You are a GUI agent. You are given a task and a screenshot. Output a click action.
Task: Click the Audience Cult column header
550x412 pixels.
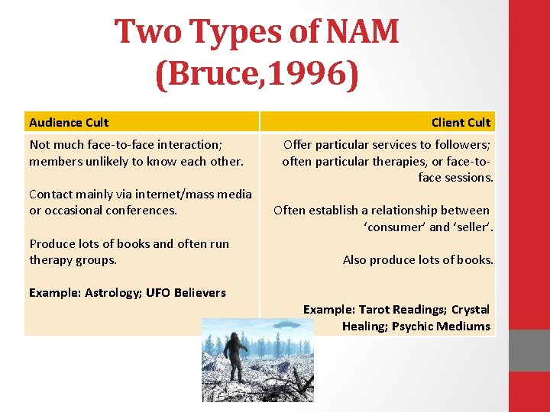click(69, 122)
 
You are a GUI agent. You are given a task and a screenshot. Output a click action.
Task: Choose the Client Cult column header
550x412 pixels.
click(461, 122)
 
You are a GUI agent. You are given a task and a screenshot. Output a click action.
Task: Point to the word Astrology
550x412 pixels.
click(111, 292)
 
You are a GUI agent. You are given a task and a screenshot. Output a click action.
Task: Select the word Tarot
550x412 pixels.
click(375, 309)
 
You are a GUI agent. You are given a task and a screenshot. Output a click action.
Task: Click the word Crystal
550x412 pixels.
click(471, 309)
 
